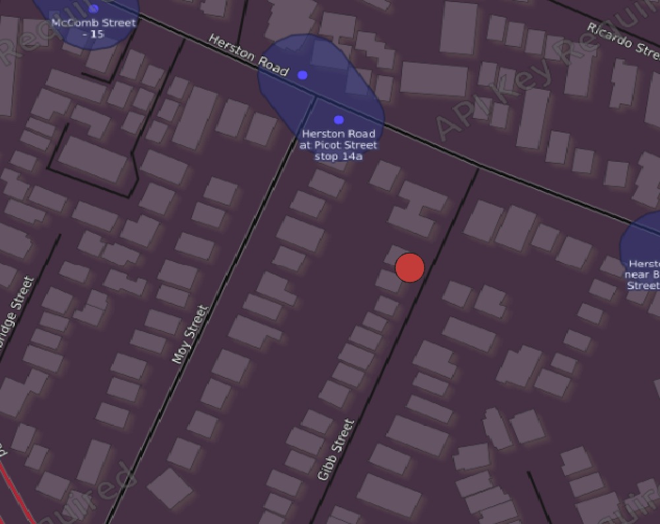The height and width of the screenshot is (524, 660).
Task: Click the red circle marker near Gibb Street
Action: click(409, 267)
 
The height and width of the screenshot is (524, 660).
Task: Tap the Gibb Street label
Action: click(336, 449)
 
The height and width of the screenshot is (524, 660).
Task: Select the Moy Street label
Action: click(190, 334)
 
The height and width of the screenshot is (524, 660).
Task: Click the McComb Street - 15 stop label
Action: click(93, 28)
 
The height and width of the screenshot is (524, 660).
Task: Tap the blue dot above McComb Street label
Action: click(93, 9)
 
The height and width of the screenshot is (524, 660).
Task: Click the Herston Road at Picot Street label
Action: click(339, 139)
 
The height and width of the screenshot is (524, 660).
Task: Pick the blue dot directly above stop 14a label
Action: click(339, 119)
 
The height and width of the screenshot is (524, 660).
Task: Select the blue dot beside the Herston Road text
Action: click(302, 75)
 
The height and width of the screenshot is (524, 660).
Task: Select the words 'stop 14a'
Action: click(339, 156)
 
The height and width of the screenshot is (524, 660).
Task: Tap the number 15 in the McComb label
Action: click(97, 34)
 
